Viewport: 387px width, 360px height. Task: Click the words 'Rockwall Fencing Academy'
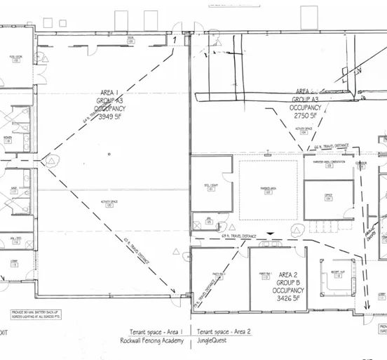(x=152, y=341)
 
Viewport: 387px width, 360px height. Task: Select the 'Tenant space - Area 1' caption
(x=156, y=331)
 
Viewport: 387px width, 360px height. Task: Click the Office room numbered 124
(x=327, y=196)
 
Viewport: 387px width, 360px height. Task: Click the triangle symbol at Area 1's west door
(x=53, y=161)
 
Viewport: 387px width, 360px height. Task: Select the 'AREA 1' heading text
(x=110, y=91)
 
